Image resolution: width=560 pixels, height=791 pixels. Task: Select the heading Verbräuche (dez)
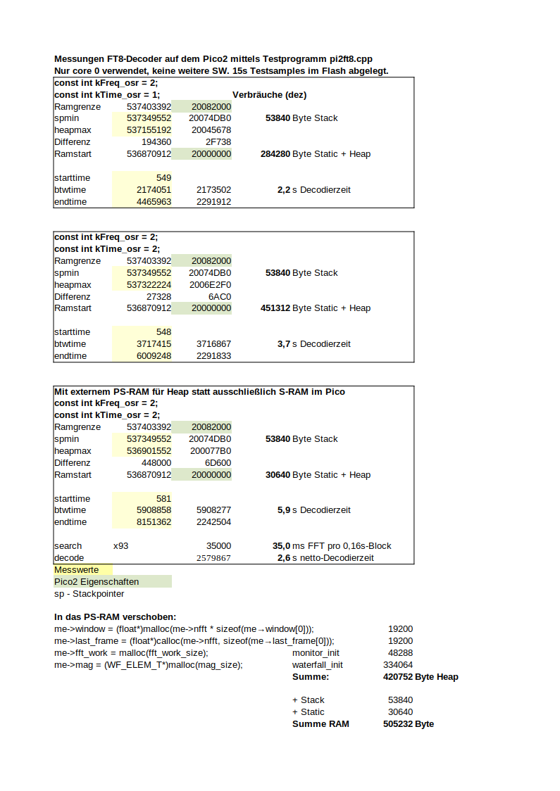pyautogui.click(x=269, y=94)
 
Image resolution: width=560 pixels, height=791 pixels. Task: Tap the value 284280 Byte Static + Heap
pyautogui.click(x=316, y=153)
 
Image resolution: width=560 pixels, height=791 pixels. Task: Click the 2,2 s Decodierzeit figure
pyautogui.click(x=313, y=189)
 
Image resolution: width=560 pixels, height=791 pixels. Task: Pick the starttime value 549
pyautogui.click(x=163, y=177)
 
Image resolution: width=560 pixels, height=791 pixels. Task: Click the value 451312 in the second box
pyautogui.click(x=275, y=308)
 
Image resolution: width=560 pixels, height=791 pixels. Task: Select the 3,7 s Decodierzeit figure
pyautogui.click(x=313, y=343)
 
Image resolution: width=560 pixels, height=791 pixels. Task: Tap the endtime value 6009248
pyautogui.click(x=154, y=355)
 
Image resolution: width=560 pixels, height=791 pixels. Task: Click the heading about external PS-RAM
pyautogui.click(x=199, y=391)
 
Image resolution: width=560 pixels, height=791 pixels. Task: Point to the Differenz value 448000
pyautogui.click(x=156, y=462)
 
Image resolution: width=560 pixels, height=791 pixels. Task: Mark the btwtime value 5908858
pyautogui.click(x=154, y=510)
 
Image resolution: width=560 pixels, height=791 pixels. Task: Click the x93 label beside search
pyautogui.click(x=120, y=545)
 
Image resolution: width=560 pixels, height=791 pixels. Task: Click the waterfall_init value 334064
pyautogui.click(x=398, y=664)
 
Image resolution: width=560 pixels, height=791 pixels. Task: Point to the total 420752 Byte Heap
pyautogui.click(x=416, y=676)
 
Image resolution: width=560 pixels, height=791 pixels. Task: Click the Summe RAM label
pyautogui.click(x=320, y=723)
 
